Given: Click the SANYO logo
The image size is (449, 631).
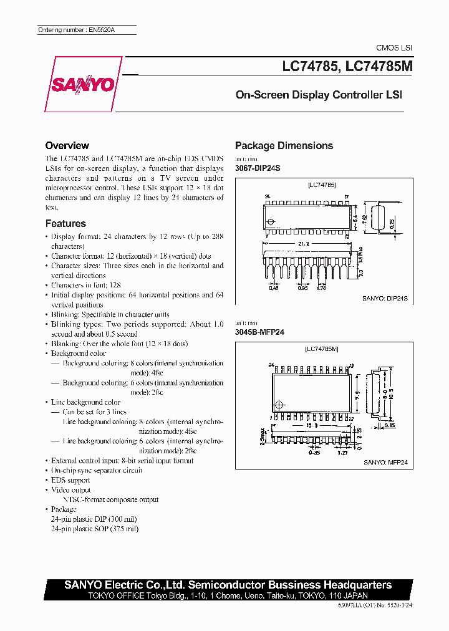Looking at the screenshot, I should [83, 84].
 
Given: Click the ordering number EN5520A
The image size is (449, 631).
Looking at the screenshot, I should [67, 30].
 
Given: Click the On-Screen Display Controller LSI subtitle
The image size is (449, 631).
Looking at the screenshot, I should [319, 95].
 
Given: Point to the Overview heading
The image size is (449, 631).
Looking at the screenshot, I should [67, 145].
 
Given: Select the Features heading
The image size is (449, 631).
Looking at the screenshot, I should [65, 223].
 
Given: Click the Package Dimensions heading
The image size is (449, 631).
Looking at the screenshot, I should [284, 146].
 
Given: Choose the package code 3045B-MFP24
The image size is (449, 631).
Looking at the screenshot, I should [259, 332].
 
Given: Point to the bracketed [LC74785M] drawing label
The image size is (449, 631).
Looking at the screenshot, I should [322, 349].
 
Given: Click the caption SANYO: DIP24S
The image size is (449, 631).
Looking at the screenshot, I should [385, 299].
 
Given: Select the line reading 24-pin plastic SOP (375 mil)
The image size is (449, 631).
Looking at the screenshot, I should [95, 529].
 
